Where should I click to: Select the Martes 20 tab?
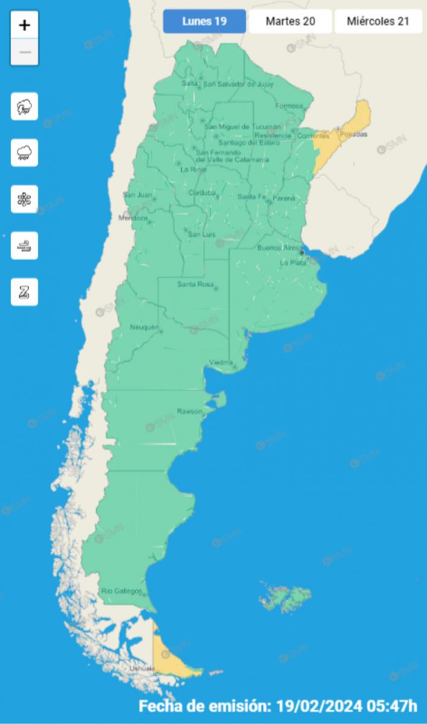coord(290,21)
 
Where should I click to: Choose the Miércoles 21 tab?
coord(378,21)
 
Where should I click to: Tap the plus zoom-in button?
coord(25,25)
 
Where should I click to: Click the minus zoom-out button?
coord(25,52)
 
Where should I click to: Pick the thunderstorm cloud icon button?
coord(25,107)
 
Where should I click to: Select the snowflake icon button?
coord(25,199)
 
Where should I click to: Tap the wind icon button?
coord(25,246)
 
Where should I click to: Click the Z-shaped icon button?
coord(25,292)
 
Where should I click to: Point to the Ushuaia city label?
coord(142,668)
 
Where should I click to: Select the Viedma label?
coord(220,362)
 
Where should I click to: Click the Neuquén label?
coord(144,328)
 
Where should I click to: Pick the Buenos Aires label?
coord(278,248)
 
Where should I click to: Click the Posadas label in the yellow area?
coord(354,134)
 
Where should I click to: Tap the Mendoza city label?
coord(132,218)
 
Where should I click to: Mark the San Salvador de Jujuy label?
coord(238,84)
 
